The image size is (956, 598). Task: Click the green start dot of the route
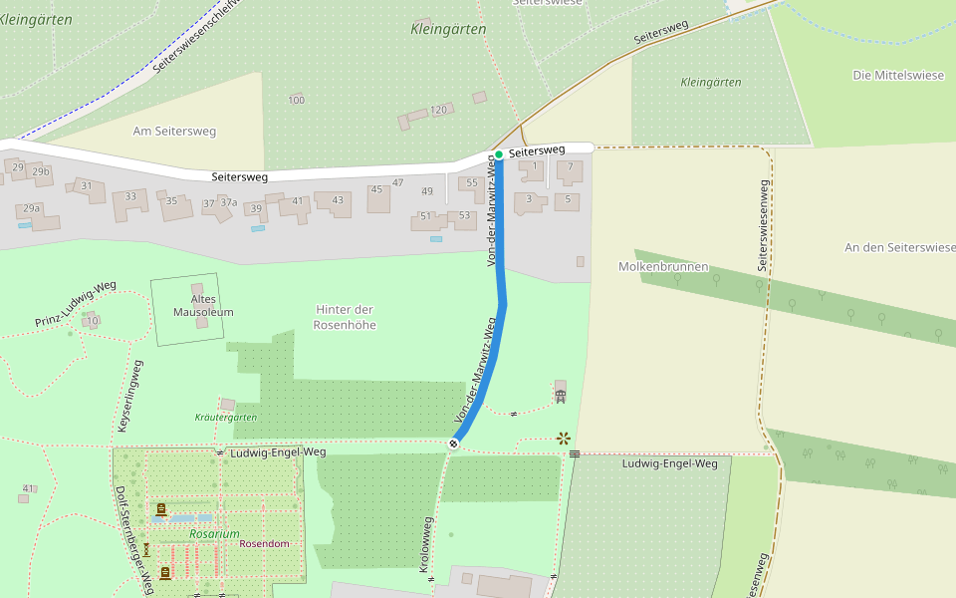tap(499, 154)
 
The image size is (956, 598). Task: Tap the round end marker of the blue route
tap(453, 444)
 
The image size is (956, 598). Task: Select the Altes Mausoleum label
tap(203, 305)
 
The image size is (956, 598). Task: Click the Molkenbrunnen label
tap(662, 267)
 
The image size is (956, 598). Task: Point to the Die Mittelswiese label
tap(896, 75)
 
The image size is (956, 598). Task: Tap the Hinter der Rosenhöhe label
tap(345, 317)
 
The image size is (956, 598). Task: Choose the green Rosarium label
tap(214, 534)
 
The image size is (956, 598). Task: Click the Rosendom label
tap(264, 544)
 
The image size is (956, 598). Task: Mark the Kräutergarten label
tap(226, 418)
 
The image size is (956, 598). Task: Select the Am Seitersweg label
tap(174, 131)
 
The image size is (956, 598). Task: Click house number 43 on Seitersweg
tap(338, 200)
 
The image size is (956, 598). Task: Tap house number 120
tap(439, 110)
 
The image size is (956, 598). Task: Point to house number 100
tap(296, 100)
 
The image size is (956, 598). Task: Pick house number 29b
tap(41, 171)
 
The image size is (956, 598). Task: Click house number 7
tap(570, 166)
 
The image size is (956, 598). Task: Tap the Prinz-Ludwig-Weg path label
tap(76, 304)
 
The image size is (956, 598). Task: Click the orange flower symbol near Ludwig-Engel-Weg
tap(564, 438)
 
